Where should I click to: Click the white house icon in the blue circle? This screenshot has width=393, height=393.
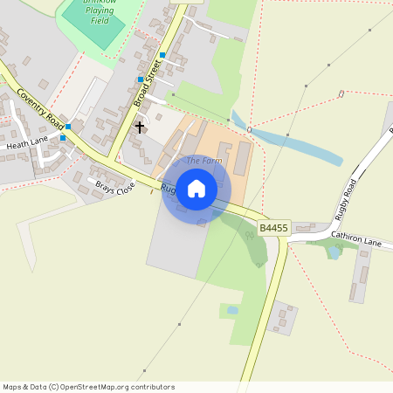point(196,189)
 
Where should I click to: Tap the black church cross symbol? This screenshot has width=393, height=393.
point(139,128)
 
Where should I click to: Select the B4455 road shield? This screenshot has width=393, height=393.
point(273,228)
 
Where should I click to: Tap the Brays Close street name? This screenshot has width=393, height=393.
point(116,187)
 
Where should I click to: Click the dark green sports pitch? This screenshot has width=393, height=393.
point(93,26)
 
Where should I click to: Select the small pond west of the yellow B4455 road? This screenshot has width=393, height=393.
point(231,309)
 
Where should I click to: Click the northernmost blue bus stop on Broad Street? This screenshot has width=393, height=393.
point(162,55)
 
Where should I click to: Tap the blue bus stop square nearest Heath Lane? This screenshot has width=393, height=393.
point(63,138)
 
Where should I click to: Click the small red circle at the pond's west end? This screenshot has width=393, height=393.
point(250,130)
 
